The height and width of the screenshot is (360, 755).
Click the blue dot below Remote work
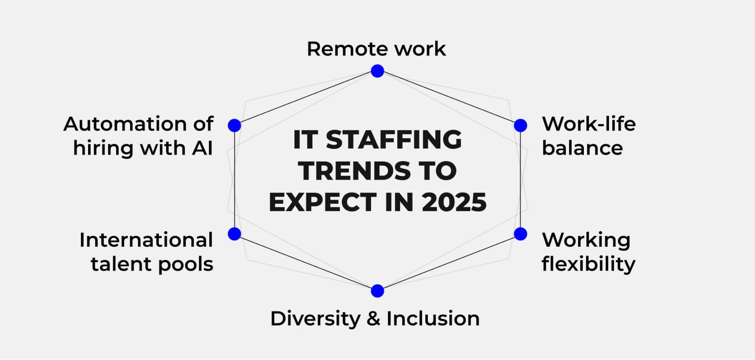point(377,71)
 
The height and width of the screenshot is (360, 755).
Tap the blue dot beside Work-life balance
point(521,125)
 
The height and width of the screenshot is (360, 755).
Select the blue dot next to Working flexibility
point(521,234)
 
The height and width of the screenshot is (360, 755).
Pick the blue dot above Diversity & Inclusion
point(377,291)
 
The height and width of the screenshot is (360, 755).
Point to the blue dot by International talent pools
point(234,234)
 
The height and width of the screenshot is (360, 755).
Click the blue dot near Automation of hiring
point(234,125)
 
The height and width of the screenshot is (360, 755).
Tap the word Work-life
point(588,124)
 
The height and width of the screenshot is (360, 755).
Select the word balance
point(582,148)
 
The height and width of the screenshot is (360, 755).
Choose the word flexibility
point(588,264)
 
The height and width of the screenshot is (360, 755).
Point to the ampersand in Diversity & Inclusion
point(373,319)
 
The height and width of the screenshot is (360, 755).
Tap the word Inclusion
point(433,319)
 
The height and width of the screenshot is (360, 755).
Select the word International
point(146,240)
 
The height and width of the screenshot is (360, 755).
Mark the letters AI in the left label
point(202,148)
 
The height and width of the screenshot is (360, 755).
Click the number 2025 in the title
point(454,202)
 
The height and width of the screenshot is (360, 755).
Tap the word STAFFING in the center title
point(393,140)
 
